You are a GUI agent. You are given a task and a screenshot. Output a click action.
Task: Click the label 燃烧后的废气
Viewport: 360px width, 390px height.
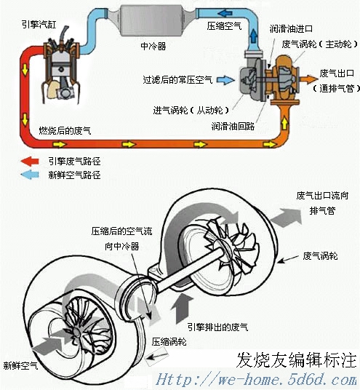[x=65, y=131]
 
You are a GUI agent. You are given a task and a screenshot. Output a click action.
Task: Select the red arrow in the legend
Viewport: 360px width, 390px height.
[x=32, y=162]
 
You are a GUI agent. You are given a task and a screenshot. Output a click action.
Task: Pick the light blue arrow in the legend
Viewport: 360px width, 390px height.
[x=32, y=175]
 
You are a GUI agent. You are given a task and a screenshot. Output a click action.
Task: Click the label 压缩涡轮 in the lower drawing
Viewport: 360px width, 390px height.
[x=169, y=341]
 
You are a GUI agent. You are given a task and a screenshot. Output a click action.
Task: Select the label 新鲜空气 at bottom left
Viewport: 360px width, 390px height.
[x=20, y=365]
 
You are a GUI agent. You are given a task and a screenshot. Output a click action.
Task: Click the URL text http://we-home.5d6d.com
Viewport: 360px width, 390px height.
[x=256, y=380]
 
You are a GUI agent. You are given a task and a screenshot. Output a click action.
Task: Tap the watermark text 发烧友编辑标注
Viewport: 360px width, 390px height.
[x=297, y=360]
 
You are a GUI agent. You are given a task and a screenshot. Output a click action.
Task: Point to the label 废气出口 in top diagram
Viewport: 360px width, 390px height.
[x=338, y=74]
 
